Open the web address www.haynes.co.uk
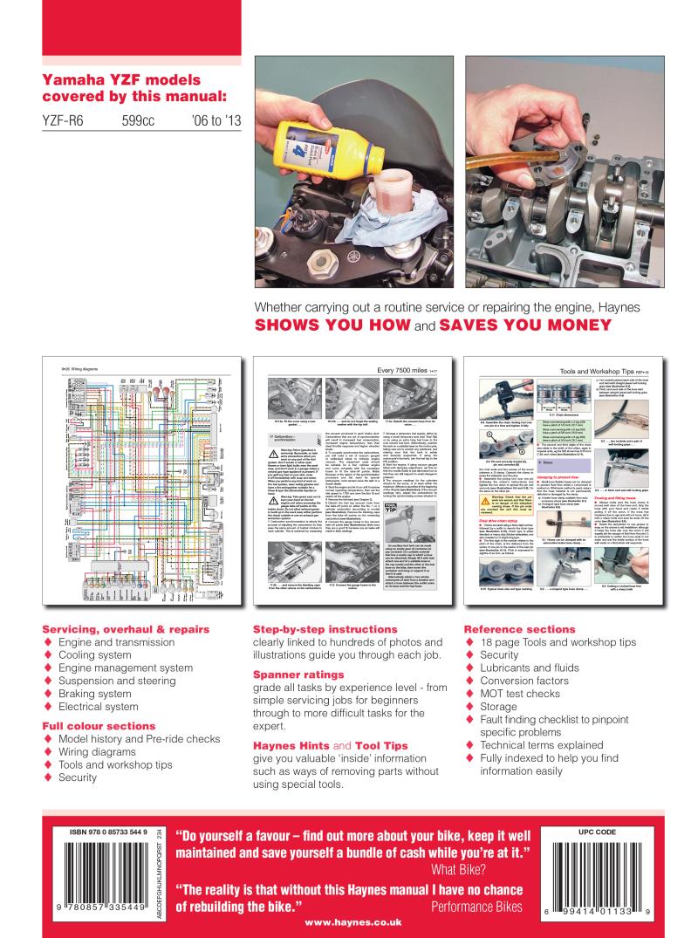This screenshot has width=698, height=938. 349,925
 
